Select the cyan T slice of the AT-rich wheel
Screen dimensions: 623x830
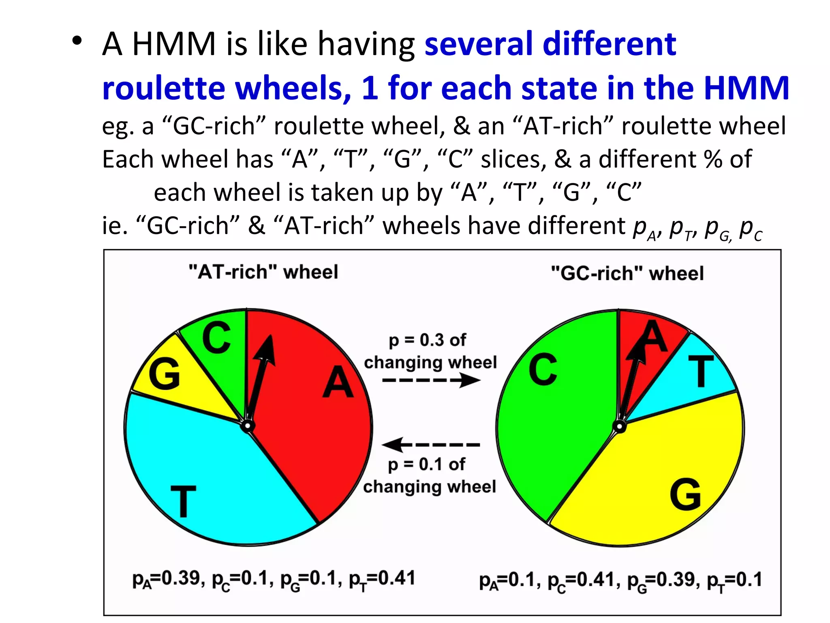click(203, 479)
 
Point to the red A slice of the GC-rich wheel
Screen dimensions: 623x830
click(648, 337)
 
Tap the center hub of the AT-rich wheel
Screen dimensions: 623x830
click(247, 426)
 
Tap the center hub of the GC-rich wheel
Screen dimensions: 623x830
click(619, 426)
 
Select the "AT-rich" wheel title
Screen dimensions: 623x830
click(263, 272)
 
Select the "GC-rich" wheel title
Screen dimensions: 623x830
click(627, 273)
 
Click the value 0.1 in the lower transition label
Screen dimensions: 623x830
click(432, 464)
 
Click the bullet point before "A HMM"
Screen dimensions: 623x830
click(77, 41)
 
